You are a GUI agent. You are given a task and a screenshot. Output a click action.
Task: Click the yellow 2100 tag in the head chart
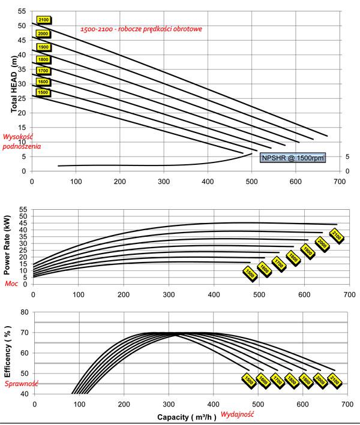click(x=43, y=20)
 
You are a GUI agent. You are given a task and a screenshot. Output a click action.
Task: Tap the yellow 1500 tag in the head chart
click(x=43, y=93)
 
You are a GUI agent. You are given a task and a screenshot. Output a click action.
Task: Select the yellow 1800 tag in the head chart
click(x=43, y=59)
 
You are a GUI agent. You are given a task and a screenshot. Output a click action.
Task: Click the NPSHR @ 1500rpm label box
click(x=293, y=158)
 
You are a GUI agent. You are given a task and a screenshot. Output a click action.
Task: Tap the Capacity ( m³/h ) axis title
click(x=187, y=415)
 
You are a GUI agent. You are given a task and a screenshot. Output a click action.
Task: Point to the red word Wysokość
click(x=19, y=137)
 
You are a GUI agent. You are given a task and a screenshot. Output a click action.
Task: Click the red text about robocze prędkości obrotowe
click(x=142, y=29)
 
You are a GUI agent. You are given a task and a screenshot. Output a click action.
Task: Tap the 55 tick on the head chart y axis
click(x=22, y=11)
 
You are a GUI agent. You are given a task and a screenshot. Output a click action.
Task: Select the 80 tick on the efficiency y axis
click(x=25, y=312)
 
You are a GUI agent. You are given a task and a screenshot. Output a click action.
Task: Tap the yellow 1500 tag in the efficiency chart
click(x=248, y=380)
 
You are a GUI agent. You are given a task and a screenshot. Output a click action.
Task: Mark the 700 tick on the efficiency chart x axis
click(x=340, y=402)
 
